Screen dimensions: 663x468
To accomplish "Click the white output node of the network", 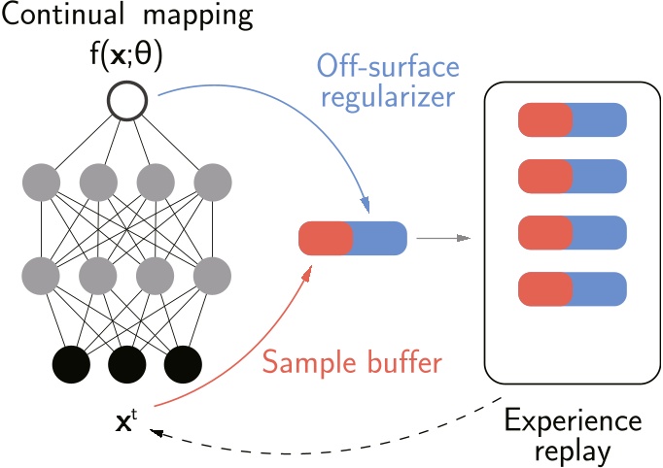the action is tap(127, 101).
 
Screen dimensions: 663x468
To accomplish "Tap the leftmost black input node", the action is tap(71, 364).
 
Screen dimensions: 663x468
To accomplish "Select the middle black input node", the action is tap(127, 364).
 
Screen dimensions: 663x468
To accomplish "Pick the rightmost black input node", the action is tap(183, 364).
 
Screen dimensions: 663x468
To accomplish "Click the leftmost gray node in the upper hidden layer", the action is tap(41, 183).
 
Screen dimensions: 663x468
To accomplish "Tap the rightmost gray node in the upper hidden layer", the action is tap(213, 183).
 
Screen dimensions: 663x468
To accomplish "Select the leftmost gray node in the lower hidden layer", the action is tap(41, 276).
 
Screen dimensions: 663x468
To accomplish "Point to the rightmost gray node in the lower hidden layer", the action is tap(212, 276).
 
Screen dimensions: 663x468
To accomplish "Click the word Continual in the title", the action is tap(63, 15).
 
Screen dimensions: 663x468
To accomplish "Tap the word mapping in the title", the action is tap(198, 17).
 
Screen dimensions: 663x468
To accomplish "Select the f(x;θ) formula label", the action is tap(126, 55).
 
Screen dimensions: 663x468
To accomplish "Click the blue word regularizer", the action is tap(388, 98).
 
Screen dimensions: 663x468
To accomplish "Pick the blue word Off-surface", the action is tap(388, 67).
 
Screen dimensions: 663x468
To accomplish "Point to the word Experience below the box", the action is tap(573, 422).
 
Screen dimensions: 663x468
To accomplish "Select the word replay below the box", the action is tap(573, 452).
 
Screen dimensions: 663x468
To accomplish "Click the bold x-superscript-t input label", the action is tap(126, 421).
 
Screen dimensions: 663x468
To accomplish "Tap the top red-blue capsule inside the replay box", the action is tap(573, 119).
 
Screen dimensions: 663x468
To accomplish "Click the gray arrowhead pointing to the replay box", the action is tap(465, 238).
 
